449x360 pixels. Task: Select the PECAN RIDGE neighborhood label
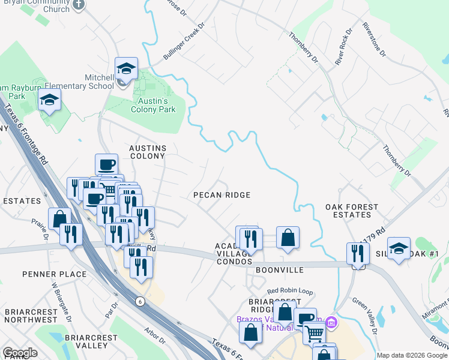click(x=221, y=195)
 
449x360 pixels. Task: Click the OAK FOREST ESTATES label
click(x=352, y=211)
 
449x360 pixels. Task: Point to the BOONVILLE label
click(x=280, y=271)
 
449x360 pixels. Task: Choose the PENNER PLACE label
click(x=55, y=274)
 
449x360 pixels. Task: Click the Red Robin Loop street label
click(x=290, y=291)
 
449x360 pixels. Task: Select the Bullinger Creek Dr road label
click(x=184, y=41)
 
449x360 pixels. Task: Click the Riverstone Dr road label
click(x=373, y=40)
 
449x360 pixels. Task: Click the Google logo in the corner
click(x=20, y=353)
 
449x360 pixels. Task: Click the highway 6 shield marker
click(x=140, y=301)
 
